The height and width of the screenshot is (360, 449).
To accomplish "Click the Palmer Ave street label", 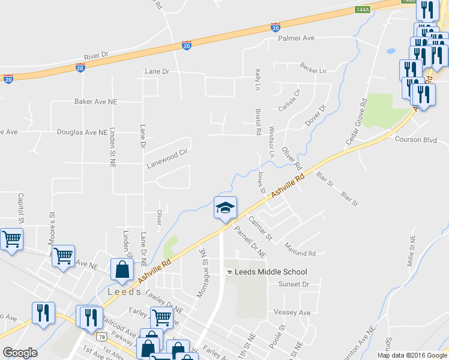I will coord(296,38).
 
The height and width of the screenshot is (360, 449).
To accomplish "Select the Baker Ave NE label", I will coord(95,102).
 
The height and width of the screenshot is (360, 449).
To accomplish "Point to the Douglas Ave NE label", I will coord(82,131).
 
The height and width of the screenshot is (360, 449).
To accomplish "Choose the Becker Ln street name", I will coord(313,71).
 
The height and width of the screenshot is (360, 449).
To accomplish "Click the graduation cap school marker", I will coord(225,208).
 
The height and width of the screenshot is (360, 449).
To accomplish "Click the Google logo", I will coord(20,353).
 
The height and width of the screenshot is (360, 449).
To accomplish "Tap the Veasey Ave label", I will coord(292,313).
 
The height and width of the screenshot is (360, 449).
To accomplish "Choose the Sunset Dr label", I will coord(297,284).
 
